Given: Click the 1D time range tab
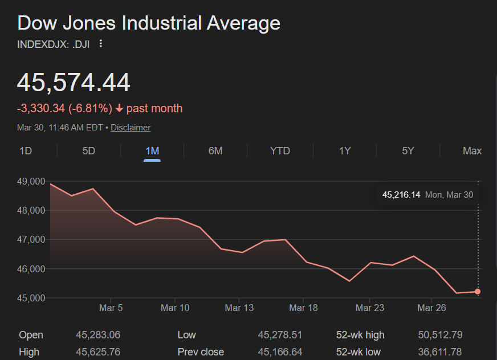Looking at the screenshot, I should (x=26, y=151).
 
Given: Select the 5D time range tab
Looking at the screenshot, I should (x=89, y=151).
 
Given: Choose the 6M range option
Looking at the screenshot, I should (x=215, y=151).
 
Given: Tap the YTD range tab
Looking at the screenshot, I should (x=280, y=151).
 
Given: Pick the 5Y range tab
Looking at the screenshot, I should (x=408, y=151).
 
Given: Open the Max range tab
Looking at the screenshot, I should (x=472, y=151).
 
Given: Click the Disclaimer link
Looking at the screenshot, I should (x=131, y=128).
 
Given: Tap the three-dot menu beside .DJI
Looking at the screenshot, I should (x=101, y=43).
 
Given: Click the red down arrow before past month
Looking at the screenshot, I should (x=119, y=108).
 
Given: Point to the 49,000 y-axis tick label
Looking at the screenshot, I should (x=31, y=182).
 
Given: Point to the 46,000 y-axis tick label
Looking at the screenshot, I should (x=31, y=269).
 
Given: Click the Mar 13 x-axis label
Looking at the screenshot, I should (x=239, y=308).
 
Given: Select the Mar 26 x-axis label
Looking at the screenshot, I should (x=432, y=308).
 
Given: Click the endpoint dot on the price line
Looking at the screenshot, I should (x=478, y=292).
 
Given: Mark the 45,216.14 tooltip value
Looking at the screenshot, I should (x=401, y=195).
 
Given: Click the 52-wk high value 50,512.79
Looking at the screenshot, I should (x=440, y=335).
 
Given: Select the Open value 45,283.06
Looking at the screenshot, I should (x=98, y=335).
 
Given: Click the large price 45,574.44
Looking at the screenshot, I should (x=74, y=83).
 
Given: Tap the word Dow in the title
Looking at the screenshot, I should (x=37, y=23).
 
